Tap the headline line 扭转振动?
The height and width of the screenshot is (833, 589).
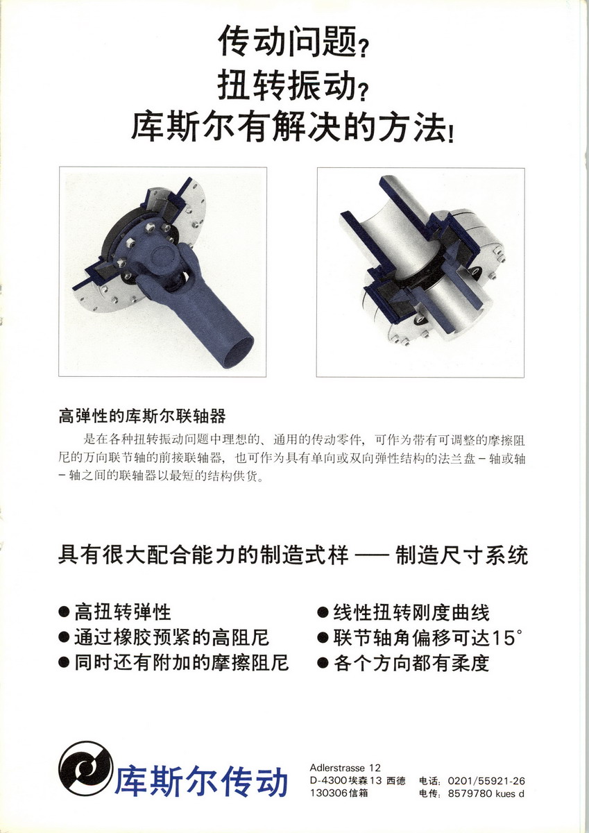coord(293,85)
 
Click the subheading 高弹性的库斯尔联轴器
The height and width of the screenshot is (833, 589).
coord(142,416)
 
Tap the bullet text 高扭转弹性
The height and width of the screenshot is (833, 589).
coord(123,612)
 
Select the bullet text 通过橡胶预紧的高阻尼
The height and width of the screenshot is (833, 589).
coord(171,638)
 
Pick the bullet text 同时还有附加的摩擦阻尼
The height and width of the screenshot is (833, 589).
coord(181,663)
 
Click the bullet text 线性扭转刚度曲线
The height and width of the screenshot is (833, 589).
coord(411,612)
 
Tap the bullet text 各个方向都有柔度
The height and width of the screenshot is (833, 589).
coord(411,663)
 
